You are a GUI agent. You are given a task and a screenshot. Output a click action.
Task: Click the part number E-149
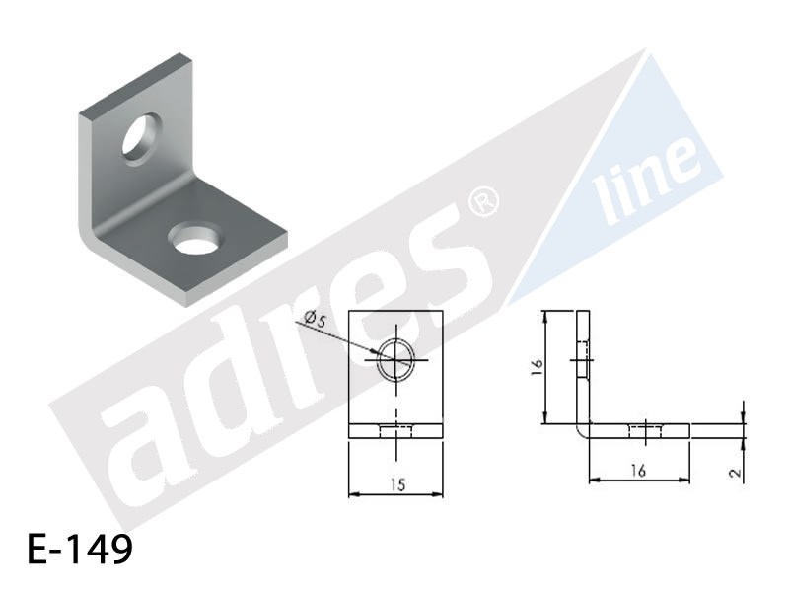(x=80, y=549)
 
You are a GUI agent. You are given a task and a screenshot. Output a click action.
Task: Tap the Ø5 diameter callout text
(x=316, y=318)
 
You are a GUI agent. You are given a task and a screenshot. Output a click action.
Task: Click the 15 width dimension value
(x=397, y=484)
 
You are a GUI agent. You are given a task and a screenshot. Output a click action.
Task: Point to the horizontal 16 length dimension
(x=638, y=471)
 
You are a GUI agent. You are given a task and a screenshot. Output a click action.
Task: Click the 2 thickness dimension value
(x=735, y=474)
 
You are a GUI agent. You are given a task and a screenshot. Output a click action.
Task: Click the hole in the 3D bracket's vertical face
(x=141, y=137)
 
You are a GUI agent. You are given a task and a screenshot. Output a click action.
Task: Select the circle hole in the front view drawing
(x=396, y=359)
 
